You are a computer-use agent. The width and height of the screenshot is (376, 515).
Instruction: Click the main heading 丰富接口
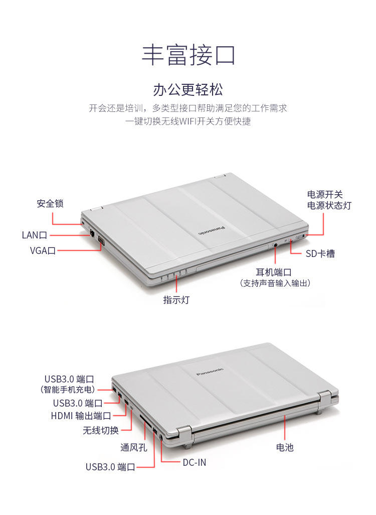coord(188,55)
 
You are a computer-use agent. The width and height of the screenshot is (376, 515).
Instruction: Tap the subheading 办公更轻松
coord(188,90)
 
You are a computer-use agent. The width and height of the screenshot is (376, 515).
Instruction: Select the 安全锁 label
coord(50,204)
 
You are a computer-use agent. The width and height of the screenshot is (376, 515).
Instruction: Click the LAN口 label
coord(34,235)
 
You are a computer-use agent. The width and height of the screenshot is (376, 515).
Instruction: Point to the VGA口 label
coord(43,250)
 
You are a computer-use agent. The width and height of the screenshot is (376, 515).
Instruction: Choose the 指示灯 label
coord(176,300)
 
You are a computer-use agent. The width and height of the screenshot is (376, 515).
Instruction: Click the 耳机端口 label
coord(274,273)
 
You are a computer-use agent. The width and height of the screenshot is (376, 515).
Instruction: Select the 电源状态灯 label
coord(329,205)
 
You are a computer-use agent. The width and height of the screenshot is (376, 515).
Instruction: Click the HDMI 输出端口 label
coord(81,416)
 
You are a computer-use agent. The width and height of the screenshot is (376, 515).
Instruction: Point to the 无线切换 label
coord(101,430)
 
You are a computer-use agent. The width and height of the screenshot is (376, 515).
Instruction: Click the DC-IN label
coord(195,462)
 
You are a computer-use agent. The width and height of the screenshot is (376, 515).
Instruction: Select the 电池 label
coord(285,447)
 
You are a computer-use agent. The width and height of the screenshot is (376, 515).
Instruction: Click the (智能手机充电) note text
coord(67,389)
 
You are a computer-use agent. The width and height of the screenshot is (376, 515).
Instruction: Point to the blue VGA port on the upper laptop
coord(101,240)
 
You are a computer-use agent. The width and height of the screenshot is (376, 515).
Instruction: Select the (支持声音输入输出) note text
coord(275,284)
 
